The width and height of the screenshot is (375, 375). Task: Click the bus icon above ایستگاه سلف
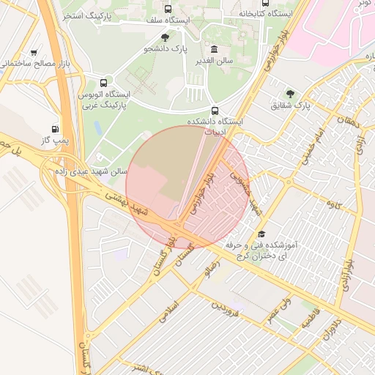(168, 10)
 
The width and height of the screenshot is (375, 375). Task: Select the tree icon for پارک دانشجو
(165, 37)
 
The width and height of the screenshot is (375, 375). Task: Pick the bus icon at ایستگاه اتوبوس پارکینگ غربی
(103, 83)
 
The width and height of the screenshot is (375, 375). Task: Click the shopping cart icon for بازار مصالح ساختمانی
(34, 53)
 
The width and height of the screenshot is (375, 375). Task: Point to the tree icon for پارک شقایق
(291, 94)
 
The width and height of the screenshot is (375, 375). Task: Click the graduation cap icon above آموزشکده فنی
(261, 234)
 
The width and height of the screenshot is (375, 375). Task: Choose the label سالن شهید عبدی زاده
(91, 171)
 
